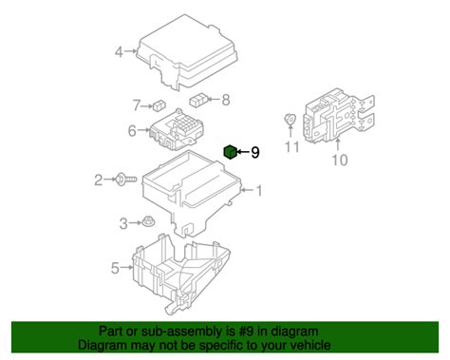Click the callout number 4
119,52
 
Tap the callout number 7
136,104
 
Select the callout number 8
226,99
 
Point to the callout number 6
131,131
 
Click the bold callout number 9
253,151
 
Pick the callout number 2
98,179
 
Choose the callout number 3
122,222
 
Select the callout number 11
292,147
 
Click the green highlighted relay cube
230,151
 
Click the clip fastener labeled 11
290,120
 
